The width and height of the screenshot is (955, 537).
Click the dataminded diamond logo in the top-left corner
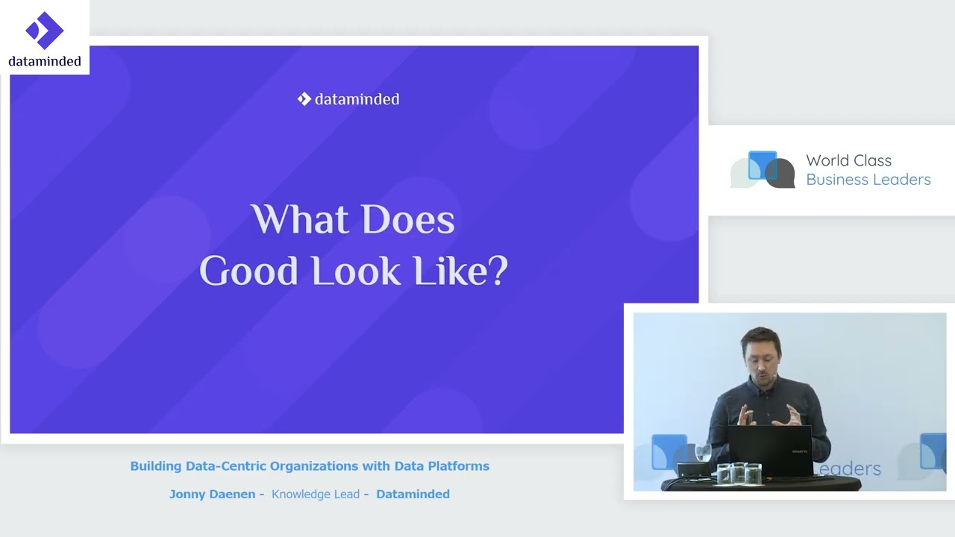tap(44, 31)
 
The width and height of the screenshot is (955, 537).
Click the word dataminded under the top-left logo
tap(45, 61)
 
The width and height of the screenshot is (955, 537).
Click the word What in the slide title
tap(299, 219)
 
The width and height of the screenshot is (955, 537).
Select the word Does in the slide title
tap(408, 219)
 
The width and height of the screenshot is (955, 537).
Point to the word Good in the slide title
tap(248, 271)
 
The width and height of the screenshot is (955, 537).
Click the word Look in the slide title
tap(356, 271)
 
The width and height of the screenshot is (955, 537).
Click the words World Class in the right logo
tap(848, 160)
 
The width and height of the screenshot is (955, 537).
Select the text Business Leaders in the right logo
tap(868, 180)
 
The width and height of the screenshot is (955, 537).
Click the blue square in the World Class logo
tap(763, 165)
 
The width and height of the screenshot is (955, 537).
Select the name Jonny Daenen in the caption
tap(213, 494)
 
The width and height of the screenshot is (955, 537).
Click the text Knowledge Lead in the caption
tap(316, 494)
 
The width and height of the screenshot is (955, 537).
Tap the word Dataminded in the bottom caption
tap(413, 494)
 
